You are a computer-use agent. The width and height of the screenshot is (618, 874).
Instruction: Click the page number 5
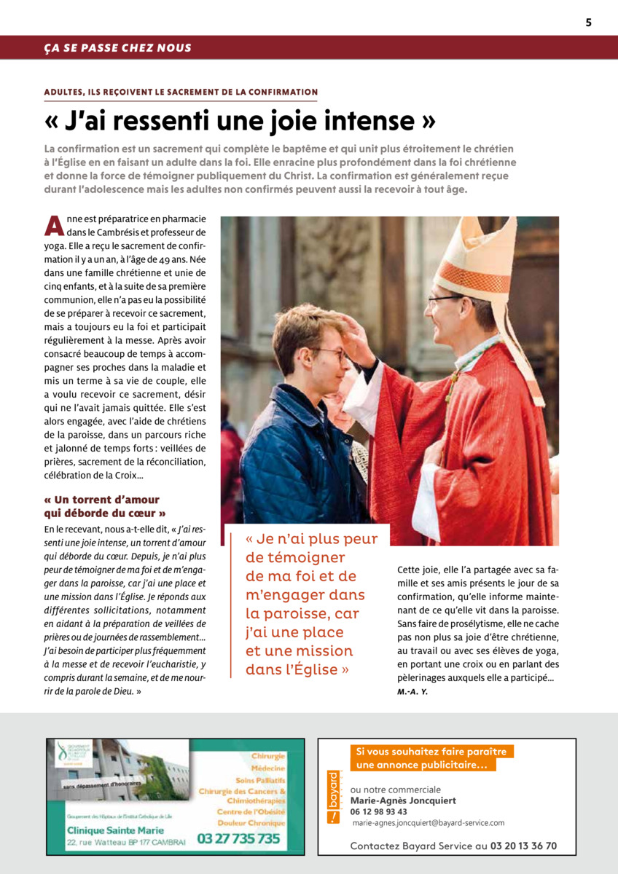tap(588, 23)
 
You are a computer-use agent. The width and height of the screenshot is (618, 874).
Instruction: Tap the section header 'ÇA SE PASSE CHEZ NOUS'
tap(117, 48)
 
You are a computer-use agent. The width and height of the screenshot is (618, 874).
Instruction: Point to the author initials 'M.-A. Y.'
tap(412, 691)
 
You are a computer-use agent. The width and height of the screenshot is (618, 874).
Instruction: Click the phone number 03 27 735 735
tap(238, 838)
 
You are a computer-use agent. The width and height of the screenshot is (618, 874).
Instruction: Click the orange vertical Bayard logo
tap(333, 797)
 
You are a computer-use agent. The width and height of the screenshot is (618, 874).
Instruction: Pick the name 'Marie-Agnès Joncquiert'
tap(403, 800)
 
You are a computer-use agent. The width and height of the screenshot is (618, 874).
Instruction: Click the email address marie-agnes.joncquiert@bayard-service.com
tap(429, 822)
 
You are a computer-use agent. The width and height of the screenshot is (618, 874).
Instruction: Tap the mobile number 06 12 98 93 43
tap(379, 811)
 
